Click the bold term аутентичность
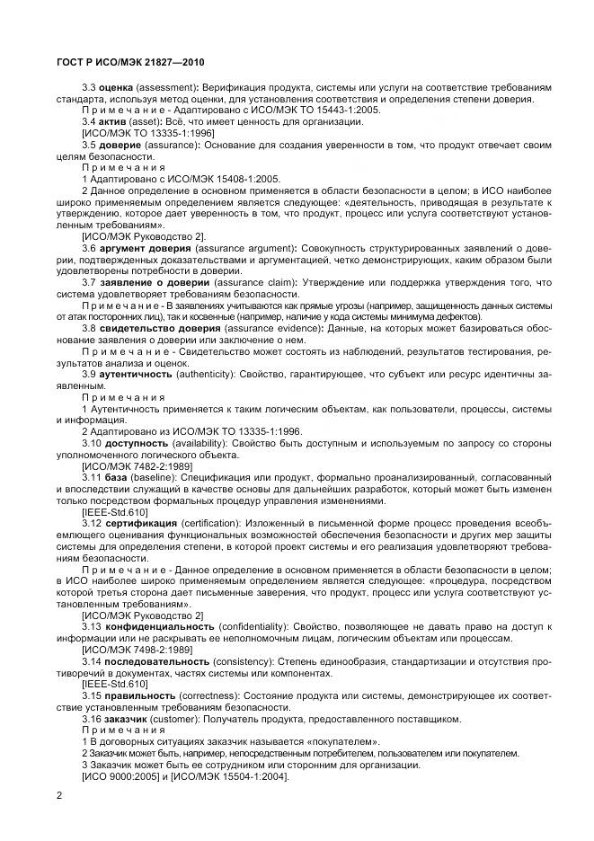coord(134,372)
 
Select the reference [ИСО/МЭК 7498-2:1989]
coord(137,648)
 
